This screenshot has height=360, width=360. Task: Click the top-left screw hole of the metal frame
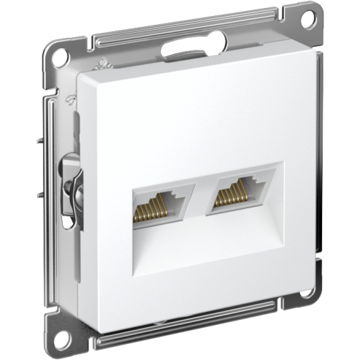[x=58, y=80]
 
